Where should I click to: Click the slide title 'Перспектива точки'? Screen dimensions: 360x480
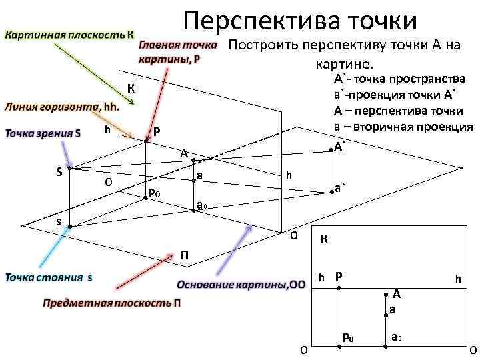point(300,20)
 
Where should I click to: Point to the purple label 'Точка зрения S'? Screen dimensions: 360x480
point(44,133)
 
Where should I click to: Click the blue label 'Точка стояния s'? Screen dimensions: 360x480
point(50,276)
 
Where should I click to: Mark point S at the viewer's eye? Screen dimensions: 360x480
point(69,169)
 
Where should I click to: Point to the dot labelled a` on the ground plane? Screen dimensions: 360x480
point(327,193)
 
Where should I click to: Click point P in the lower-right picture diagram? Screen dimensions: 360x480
point(339,288)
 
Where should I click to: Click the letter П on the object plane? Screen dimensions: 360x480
point(185,255)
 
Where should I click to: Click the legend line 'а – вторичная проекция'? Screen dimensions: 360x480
point(403,126)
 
